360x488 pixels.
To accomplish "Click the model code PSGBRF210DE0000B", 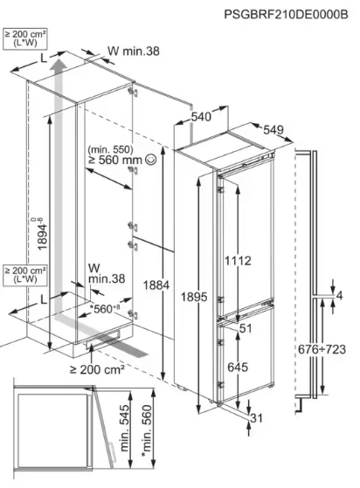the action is [x=286, y=14].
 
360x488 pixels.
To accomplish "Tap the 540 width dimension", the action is [x=201, y=117].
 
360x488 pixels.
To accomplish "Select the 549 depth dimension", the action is [x=273, y=130].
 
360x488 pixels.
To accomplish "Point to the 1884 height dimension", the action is [x=156, y=285].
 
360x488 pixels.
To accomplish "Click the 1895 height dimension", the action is [x=194, y=297].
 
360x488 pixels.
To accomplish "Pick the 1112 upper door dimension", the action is [x=238, y=261].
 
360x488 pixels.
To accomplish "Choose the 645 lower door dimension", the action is [x=238, y=368].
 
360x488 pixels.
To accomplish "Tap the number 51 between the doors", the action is [x=246, y=328].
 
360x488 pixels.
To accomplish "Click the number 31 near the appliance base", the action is [x=256, y=418].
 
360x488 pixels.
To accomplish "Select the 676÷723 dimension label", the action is [x=322, y=349].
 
